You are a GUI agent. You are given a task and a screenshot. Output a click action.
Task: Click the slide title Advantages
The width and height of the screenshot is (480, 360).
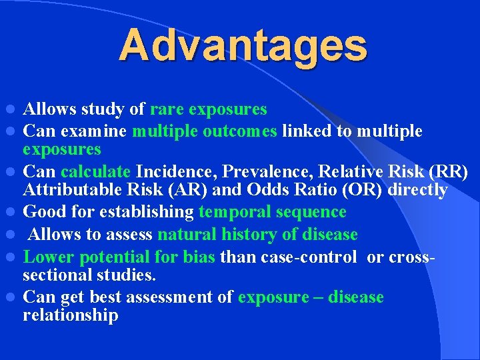point(243,45)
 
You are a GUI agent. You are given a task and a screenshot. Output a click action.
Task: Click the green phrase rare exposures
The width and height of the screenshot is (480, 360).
point(209,109)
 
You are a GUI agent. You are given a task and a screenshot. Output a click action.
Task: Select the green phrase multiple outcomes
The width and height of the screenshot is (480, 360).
point(205,131)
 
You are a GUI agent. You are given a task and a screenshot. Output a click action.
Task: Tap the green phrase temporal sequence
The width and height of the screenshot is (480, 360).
point(272,213)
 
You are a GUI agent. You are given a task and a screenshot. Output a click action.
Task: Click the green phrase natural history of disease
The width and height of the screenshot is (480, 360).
point(257,235)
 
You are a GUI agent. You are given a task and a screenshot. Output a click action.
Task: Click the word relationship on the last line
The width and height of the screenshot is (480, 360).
point(71,315)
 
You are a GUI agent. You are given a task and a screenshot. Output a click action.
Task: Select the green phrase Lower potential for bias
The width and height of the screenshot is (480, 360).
point(120,257)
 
